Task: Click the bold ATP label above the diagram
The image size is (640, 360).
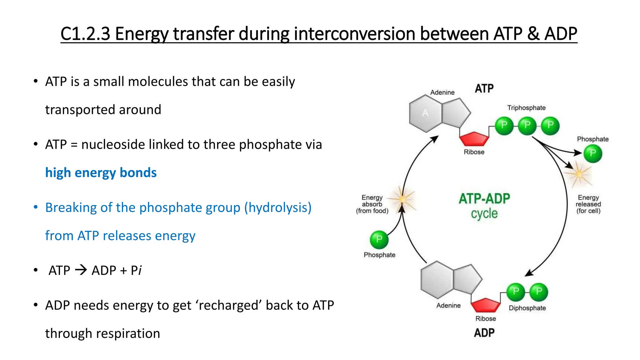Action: [x=484, y=88]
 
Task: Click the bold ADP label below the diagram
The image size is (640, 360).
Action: [x=484, y=333]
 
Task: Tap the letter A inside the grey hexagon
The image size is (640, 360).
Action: [x=425, y=113]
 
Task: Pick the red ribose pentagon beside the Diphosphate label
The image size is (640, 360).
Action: [x=486, y=305]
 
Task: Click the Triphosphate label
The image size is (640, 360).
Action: [x=526, y=108]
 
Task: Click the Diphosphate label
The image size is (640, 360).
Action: [x=527, y=308]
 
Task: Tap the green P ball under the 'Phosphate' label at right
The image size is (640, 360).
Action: [x=593, y=153]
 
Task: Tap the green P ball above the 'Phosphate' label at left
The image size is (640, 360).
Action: [x=379, y=240]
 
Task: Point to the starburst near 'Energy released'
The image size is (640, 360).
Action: [x=579, y=174]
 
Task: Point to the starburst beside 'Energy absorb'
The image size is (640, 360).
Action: [x=403, y=199]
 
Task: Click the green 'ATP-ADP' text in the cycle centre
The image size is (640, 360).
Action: [x=484, y=199]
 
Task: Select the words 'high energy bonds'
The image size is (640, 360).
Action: [x=101, y=172]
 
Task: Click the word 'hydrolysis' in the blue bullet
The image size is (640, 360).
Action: [x=277, y=207]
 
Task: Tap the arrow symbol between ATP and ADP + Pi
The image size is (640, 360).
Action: [x=81, y=270]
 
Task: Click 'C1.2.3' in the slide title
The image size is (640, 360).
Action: [x=85, y=34]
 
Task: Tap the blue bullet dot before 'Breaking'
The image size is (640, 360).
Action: [x=36, y=207]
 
